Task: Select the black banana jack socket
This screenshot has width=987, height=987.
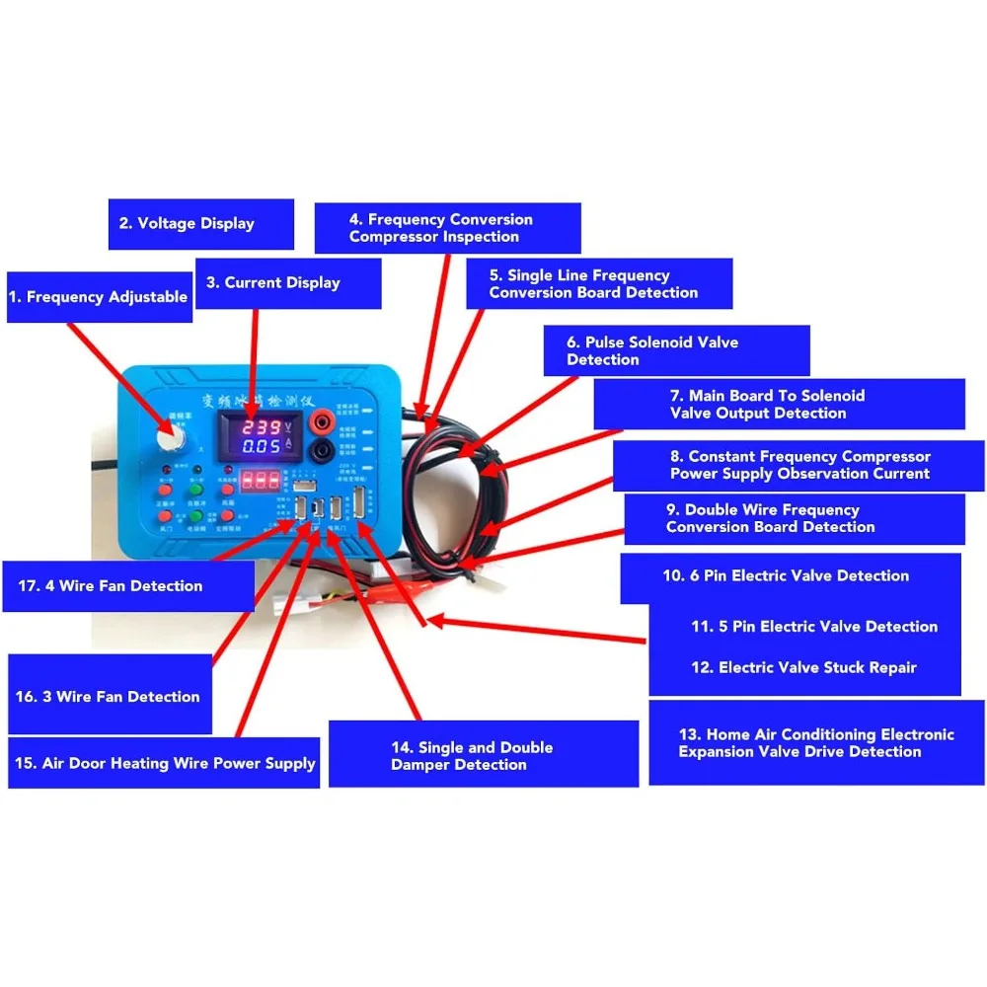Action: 322,453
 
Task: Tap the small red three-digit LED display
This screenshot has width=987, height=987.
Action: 260,481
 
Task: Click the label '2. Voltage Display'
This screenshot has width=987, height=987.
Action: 200,224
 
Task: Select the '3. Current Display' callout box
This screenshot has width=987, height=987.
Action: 287,283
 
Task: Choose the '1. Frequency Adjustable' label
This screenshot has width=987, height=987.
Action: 99,297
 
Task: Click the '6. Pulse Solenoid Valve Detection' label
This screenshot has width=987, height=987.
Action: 676,350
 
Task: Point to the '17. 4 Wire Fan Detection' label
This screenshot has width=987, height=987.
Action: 128,586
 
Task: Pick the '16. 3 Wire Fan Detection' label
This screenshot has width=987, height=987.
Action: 110,696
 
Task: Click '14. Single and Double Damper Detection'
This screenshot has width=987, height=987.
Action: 484,756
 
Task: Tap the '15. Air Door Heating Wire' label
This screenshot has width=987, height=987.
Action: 164,763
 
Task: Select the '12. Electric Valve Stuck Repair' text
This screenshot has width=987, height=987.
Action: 804,668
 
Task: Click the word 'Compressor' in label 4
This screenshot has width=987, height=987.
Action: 391,237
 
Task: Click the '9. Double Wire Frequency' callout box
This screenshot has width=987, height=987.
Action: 795,519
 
